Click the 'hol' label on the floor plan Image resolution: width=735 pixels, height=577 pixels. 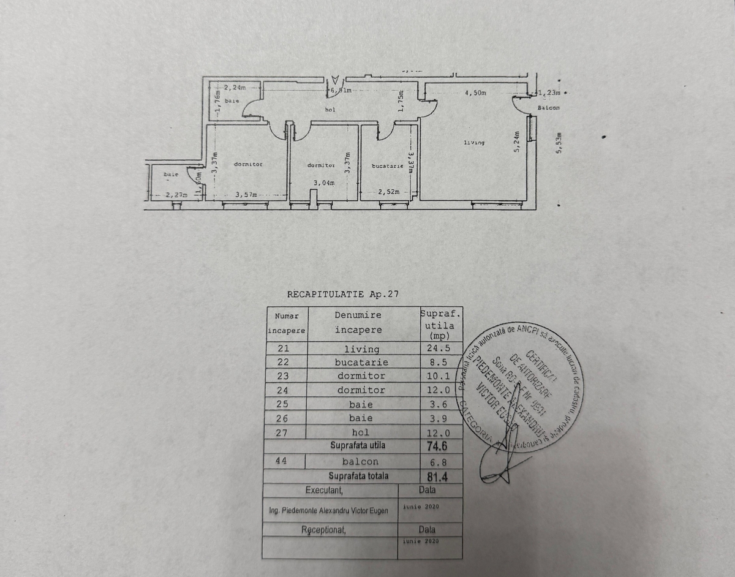click(x=330, y=110)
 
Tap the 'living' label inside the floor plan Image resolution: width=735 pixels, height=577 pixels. click(x=474, y=143)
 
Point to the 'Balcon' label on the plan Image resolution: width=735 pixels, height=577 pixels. click(x=548, y=108)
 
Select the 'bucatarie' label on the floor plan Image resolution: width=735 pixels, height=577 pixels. click(x=387, y=166)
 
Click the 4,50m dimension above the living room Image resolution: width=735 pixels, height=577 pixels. click(x=475, y=93)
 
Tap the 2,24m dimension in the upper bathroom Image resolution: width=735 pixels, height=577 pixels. click(x=234, y=88)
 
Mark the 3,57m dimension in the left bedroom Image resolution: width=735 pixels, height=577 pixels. click(x=247, y=195)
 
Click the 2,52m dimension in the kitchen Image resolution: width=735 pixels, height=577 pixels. click(x=389, y=192)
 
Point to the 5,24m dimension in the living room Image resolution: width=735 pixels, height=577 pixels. click(x=517, y=143)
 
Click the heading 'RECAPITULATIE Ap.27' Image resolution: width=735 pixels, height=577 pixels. click(x=343, y=294)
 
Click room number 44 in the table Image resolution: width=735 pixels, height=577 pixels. click(x=282, y=461)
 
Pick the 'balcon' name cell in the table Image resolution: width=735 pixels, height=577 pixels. click(x=360, y=461)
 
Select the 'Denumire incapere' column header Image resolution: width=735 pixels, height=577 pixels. click(x=358, y=322)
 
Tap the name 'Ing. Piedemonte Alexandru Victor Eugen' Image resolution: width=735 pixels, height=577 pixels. click(x=329, y=510)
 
